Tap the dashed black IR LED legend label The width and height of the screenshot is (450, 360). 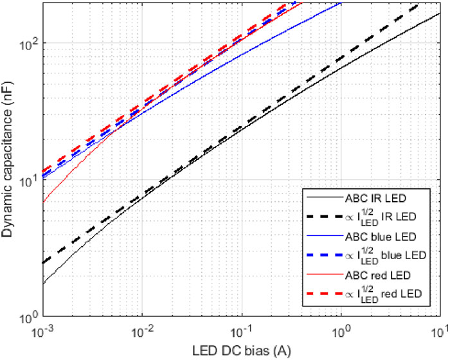pos(386,216)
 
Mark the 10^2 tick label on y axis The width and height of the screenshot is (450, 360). pos(28,44)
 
